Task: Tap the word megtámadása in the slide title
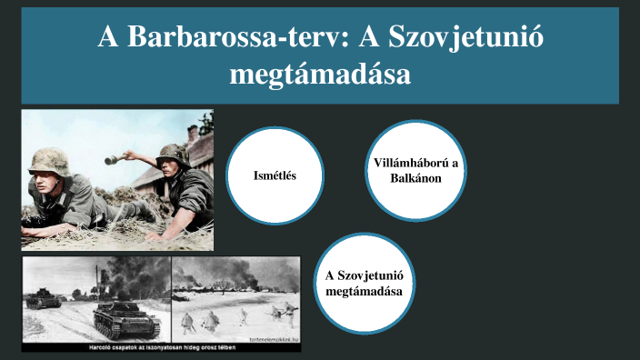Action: click(x=320, y=74)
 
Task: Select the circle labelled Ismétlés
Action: click(x=275, y=175)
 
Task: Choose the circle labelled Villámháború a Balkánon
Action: click(x=416, y=170)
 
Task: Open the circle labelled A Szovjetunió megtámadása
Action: click(x=364, y=282)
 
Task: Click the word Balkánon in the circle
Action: click(x=416, y=178)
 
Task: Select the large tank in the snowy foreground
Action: click(x=123, y=315)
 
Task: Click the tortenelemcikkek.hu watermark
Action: click(x=269, y=336)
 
